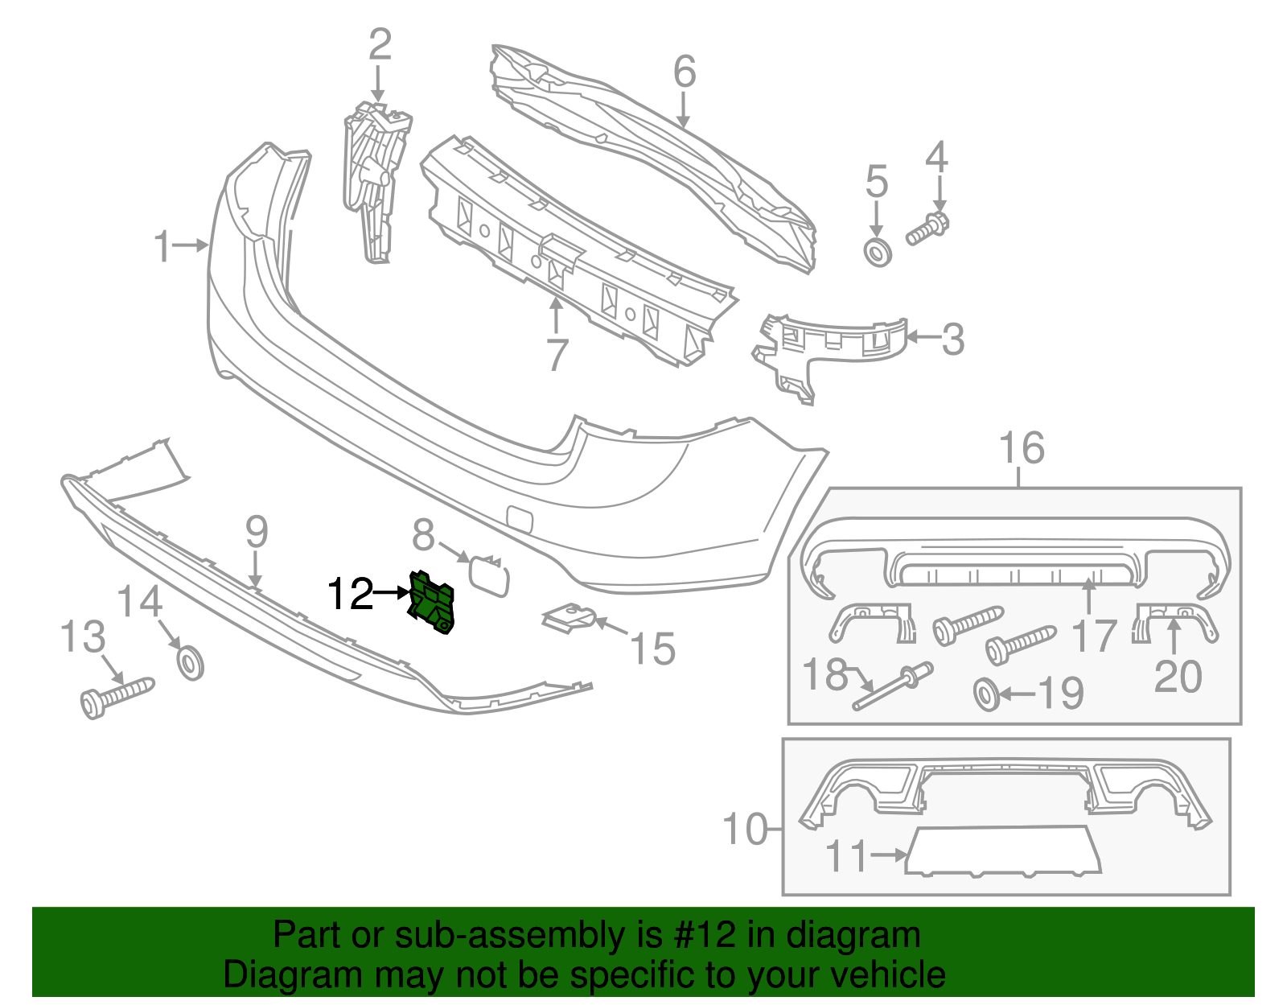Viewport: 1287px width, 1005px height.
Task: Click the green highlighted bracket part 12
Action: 433,603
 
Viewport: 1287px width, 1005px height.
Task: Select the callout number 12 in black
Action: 351,595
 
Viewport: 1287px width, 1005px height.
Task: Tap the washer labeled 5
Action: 877,252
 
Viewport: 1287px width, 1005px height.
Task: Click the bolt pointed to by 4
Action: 927,229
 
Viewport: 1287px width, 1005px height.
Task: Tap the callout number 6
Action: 684,72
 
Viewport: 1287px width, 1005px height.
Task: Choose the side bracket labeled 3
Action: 829,346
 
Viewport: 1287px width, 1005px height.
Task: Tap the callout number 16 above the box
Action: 1022,448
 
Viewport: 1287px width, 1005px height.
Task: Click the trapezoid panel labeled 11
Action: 1003,851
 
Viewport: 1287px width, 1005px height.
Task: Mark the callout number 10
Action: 746,829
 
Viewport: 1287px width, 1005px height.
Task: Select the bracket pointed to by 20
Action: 1176,620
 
